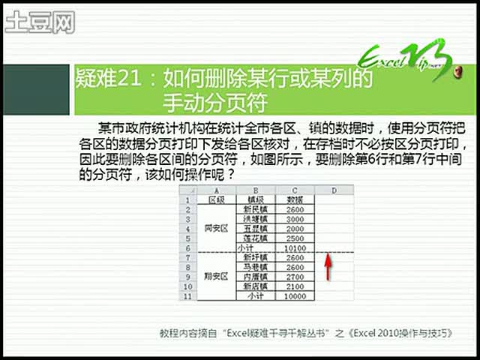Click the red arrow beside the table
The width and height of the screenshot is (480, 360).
(x=327, y=267)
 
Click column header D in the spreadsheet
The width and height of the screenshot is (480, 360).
(x=333, y=190)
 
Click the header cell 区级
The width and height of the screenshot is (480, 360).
(x=217, y=199)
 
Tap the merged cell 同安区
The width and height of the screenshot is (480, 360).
(x=217, y=228)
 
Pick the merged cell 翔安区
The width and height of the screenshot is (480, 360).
(x=217, y=277)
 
